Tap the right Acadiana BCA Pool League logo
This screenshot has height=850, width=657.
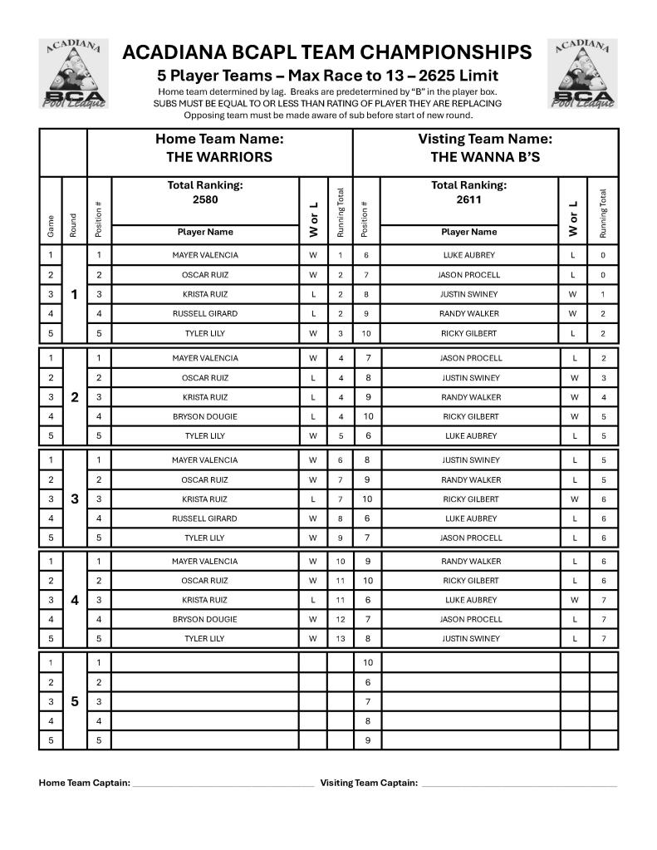point(582,74)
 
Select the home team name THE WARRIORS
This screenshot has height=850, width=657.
point(219,157)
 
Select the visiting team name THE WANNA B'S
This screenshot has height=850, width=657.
point(485,157)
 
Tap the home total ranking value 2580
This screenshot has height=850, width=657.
point(205,199)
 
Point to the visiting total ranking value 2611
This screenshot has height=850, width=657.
point(468,199)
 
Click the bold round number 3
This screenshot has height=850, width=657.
point(74,499)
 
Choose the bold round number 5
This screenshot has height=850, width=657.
point(74,701)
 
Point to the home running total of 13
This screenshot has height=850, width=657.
point(341,639)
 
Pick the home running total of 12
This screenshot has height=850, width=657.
point(341,619)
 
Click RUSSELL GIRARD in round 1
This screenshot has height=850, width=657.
point(205,314)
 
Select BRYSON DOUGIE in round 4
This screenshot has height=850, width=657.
point(205,619)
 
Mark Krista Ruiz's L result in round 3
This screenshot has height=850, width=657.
point(313,499)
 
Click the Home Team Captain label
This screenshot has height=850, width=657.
point(85,783)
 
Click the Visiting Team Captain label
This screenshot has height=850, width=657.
point(369,783)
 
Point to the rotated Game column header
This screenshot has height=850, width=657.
point(51,224)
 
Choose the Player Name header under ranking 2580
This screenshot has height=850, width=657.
point(205,233)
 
